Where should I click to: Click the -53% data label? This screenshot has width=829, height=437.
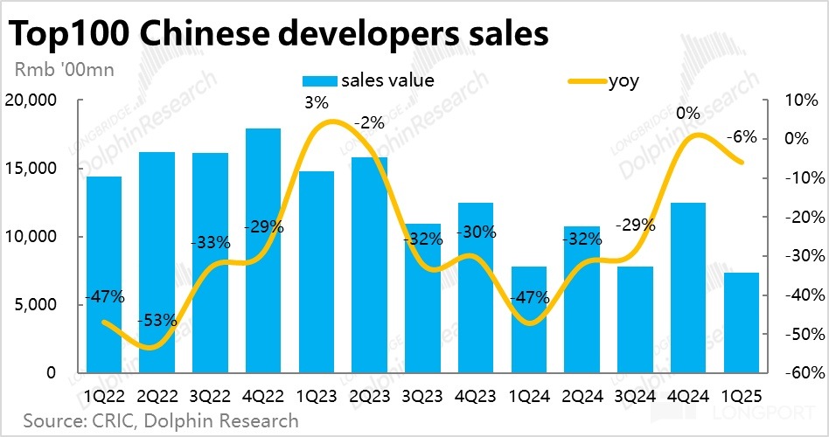tap(157, 321)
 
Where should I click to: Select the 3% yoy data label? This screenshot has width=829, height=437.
tap(317, 103)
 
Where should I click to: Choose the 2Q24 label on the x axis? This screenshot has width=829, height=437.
tap(582, 395)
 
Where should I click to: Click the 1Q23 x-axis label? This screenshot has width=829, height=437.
tap(317, 395)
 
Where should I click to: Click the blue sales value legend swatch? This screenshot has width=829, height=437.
tap(319, 81)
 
